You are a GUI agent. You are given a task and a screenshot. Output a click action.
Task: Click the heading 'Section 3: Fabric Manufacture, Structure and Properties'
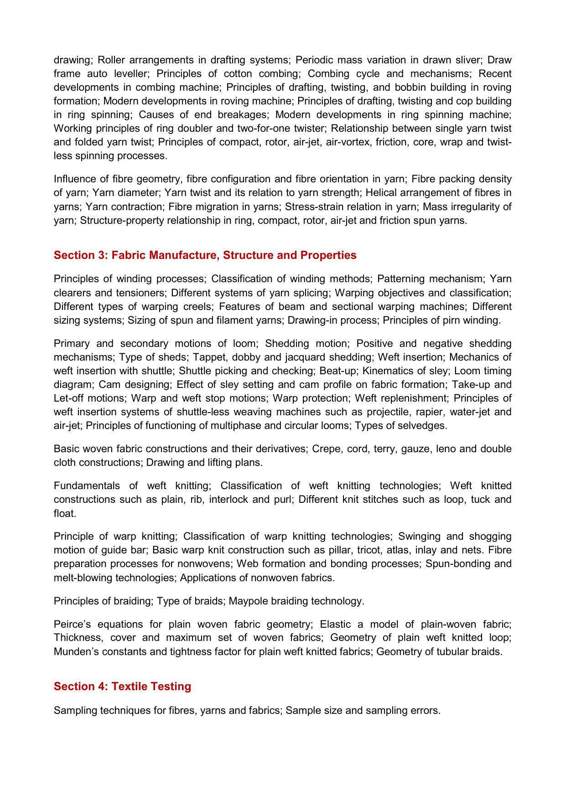205,255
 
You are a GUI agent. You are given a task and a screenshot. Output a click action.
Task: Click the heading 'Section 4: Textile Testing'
122,686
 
